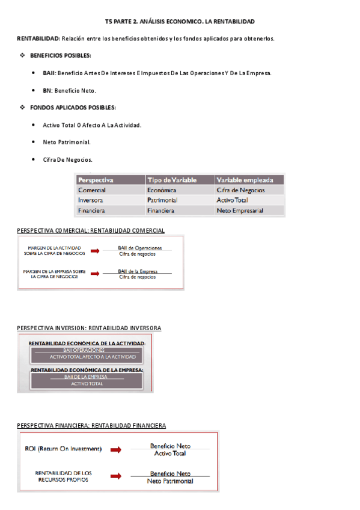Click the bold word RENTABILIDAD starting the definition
[x=38, y=38]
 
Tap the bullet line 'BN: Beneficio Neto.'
[x=69, y=91]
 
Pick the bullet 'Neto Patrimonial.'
[x=67, y=143]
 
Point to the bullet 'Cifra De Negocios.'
[x=67, y=159]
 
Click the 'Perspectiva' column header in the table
[x=96, y=180]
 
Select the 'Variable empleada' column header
[x=245, y=180]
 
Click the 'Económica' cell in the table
[x=161, y=190]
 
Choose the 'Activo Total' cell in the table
[x=232, y=200]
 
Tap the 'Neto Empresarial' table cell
[x=240, y=211]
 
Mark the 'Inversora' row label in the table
[x=90, y=200]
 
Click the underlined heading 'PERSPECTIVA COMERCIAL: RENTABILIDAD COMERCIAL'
[x=91, y=230]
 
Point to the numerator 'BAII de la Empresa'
[x=138, y=271]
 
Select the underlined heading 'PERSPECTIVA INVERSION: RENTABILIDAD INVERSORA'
[x=89, y=328]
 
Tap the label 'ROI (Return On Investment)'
[x=63, y=449]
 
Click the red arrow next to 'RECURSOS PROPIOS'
[x=115, y=477]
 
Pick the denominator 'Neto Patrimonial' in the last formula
[x=170, y=481]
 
